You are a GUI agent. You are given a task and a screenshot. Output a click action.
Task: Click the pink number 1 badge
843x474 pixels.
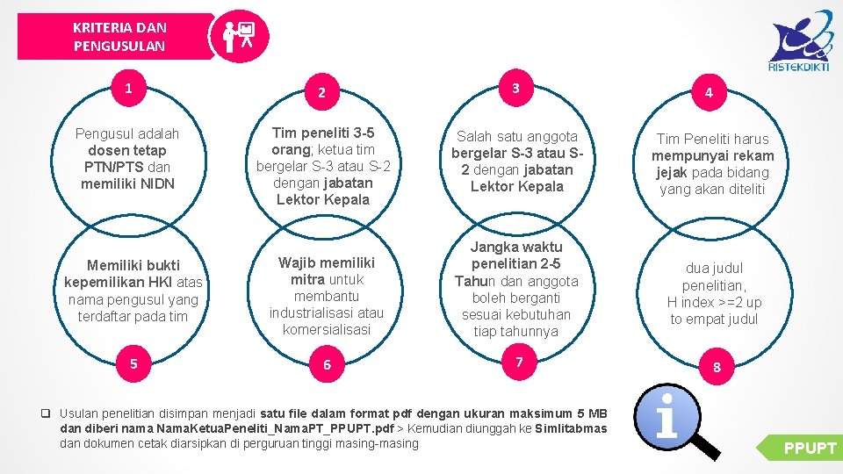click(129, 88)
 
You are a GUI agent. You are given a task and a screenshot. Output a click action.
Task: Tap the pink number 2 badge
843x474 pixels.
click(322, 92)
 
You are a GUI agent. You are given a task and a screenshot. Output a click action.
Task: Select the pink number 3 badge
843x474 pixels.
click(516, 88)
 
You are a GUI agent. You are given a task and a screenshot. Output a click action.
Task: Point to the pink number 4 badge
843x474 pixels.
click(710, 92)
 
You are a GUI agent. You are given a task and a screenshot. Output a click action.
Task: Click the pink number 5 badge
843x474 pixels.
click(133, 363)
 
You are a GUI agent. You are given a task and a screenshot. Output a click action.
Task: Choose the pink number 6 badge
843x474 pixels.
click(327, 363)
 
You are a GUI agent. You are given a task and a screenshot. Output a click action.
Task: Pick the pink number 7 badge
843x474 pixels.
click(519, 361)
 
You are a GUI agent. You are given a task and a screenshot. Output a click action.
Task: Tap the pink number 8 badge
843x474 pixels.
click(717, 367)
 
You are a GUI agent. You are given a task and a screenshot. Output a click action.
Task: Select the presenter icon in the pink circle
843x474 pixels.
click(239, 36)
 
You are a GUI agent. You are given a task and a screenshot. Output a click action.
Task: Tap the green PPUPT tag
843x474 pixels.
click(799, 448)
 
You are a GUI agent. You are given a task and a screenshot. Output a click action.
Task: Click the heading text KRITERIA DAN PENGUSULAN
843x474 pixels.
click(119, 37)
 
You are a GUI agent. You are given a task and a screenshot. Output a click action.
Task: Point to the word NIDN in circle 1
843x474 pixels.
click(158, 183)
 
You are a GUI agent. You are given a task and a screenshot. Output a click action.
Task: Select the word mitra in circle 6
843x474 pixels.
click(307, 279)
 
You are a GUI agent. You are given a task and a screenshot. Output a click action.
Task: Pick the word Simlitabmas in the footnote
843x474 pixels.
click(571, 428)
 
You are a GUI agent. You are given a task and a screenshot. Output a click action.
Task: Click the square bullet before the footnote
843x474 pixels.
click(46, 413)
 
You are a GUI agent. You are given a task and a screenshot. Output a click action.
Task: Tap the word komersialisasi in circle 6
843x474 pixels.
click(327, 329)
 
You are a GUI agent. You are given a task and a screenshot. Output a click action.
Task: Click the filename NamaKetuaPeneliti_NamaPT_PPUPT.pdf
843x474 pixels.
click(275, 428)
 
